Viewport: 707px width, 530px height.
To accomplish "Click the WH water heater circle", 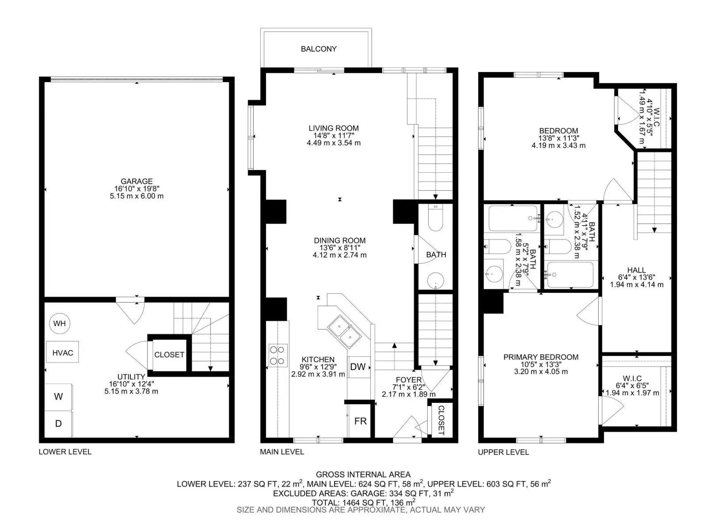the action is click(60, 323).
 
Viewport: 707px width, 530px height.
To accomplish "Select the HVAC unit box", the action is click(62, 352).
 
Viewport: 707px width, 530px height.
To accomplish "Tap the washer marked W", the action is click(58, 397).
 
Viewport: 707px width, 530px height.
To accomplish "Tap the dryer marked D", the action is click(58, 424).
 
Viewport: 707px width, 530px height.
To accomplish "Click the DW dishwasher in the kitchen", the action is click(358, 367).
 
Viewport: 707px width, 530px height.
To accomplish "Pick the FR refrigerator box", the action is click(360, 421).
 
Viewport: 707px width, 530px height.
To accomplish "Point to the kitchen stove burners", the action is click(278, 355).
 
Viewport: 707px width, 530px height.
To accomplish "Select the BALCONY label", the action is click(319, 49).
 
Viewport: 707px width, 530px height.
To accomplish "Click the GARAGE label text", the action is click(137, 181).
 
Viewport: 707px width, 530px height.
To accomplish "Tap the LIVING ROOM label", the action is click(334, 128).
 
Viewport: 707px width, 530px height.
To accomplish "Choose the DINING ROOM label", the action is click(340, 240).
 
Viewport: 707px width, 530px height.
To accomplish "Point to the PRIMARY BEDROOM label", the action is click(541, 357).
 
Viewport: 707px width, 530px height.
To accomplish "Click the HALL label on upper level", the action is click(636, 270).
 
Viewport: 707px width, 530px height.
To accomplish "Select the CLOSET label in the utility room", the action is click(169, 355).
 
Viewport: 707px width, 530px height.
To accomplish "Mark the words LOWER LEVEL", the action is click(65, 452).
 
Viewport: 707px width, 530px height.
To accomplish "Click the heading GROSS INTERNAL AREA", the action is click(363, 474).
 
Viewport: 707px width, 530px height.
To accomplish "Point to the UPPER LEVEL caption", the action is click(503, 452).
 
